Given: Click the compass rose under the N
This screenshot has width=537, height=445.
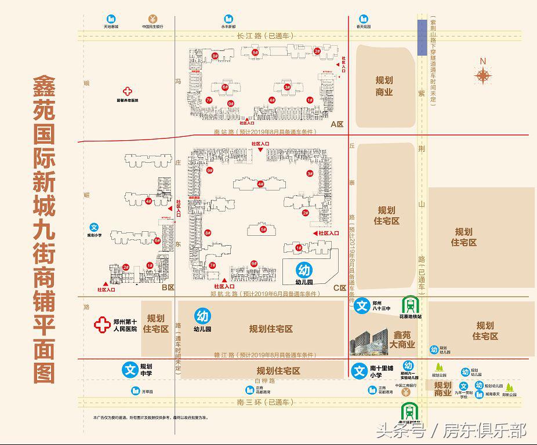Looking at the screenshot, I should point(482,76).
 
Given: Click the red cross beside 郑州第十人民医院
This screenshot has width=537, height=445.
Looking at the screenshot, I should point(103,324).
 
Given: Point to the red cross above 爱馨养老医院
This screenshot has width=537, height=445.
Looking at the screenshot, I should point(128,91).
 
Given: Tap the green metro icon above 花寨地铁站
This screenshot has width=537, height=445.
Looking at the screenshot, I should point(411,304).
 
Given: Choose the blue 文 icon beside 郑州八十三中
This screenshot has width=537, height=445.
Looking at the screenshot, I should point(362,305).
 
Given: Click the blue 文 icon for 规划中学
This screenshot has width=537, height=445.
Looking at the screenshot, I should point(129,369).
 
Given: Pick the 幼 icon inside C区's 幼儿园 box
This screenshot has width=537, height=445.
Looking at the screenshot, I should point(304,270).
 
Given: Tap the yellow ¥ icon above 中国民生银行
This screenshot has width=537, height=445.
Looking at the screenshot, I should point(152,18).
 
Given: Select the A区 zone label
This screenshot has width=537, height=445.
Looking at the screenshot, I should point(337,125).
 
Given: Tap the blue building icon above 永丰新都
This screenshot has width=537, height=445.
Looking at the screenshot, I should point(227,19).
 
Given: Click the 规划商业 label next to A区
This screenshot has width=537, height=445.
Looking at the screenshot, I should point(384,86).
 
